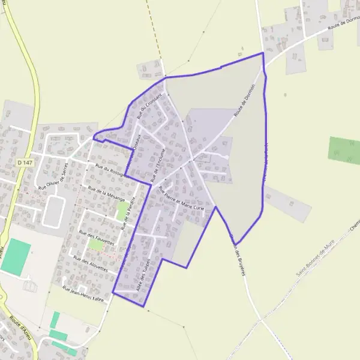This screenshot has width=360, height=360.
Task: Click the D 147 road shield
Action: coord(22,163)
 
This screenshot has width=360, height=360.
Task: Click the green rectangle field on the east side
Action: coord(344,150)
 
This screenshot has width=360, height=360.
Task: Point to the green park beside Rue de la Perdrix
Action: coord(122,210)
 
